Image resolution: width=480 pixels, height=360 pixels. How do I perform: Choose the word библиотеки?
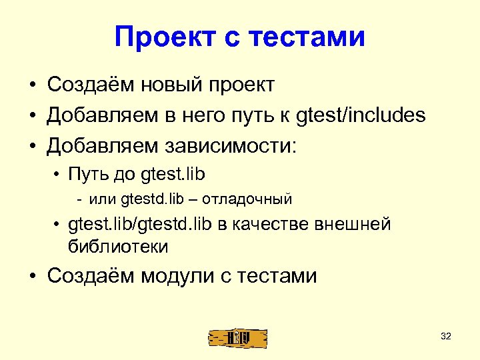(x=118, y=246)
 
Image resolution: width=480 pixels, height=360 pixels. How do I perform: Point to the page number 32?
(x=446, y=336)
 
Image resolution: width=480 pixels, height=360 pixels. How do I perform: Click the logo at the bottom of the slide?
(x=237, y=337)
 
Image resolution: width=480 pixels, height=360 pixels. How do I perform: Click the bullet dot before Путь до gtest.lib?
(x=59, y=175)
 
